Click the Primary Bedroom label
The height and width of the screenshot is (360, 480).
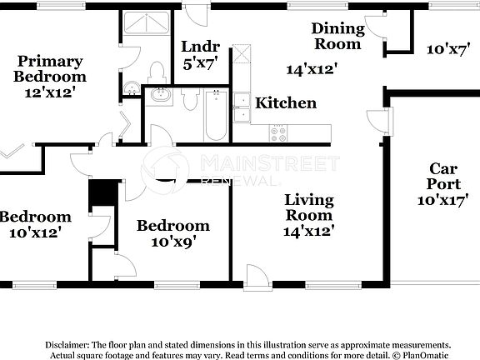click(50, 69)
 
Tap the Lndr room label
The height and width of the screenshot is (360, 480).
click(199, 47)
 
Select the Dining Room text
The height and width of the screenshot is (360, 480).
click(337, 36)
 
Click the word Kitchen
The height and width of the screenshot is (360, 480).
click(285, 103)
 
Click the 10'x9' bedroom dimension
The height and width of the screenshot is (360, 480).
click(172, 242)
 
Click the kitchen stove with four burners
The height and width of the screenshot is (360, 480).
click(277, 132)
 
